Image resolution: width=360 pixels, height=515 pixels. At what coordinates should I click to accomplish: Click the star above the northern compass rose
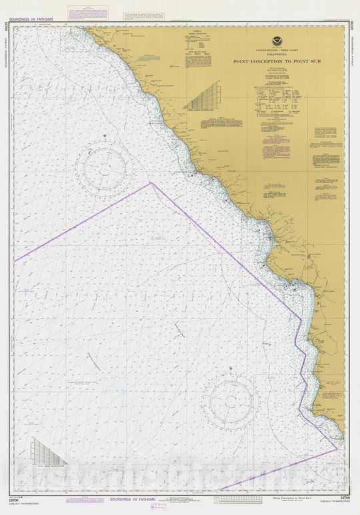click(x=105, y=136)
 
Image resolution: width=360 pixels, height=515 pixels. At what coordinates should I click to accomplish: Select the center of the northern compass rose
click(x=105, y=167)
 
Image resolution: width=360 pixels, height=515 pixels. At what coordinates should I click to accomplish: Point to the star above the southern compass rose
click(x=230, y=368)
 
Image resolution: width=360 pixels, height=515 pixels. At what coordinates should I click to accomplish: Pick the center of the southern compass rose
click(x=231, y=400)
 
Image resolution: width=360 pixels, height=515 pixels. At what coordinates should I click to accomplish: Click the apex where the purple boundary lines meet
click(x=151, y=183)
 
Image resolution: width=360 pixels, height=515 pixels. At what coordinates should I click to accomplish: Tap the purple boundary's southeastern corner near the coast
click(x=337, y=450)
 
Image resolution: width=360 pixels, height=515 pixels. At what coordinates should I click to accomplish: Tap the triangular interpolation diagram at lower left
click(x=48, y=452)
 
